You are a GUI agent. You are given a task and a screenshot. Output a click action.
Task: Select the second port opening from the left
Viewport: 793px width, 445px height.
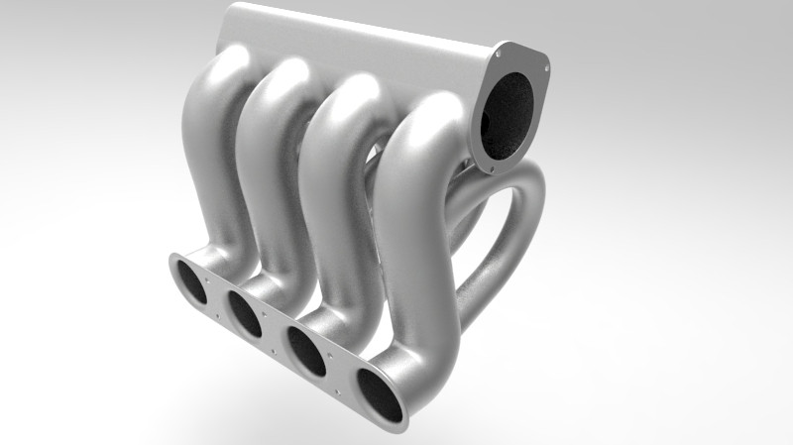(x=245, y=312)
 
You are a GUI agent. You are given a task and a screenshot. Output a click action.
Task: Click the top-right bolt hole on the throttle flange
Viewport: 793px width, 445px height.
(x=543, y=60)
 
